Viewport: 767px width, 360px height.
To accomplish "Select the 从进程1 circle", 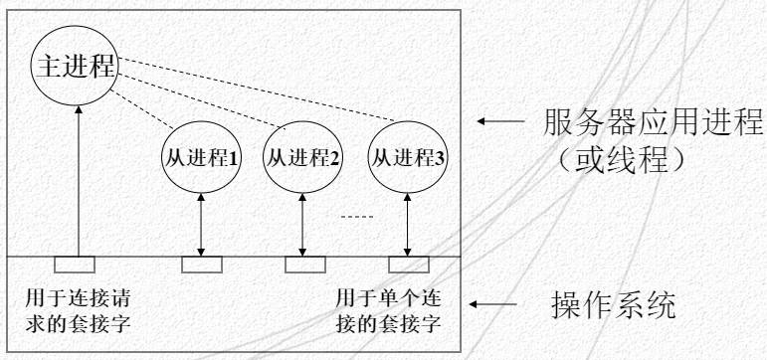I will [197, 156].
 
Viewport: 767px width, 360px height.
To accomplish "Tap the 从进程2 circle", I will [299, 156].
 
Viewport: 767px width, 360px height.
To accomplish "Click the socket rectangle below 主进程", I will [76, 264].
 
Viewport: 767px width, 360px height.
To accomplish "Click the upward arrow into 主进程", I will [76, 179].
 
